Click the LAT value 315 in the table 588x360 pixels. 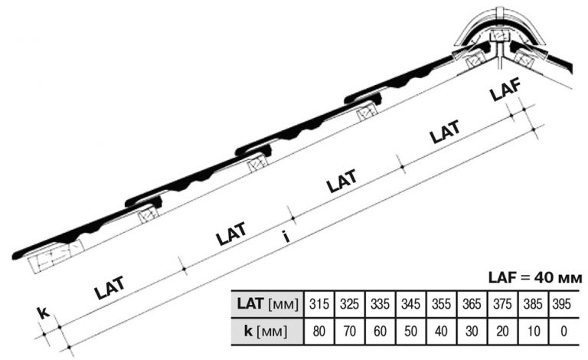(318, 304)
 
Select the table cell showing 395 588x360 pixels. (562, 304)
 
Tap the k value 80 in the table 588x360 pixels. (318, 332)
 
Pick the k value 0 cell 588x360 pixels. (563, 332)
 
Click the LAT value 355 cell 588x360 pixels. (441, 304)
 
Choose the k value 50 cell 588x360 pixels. (410, 332)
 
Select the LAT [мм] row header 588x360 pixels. (268, 304)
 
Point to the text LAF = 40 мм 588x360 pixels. (535, 278)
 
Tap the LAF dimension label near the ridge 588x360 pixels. (506, 90)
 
